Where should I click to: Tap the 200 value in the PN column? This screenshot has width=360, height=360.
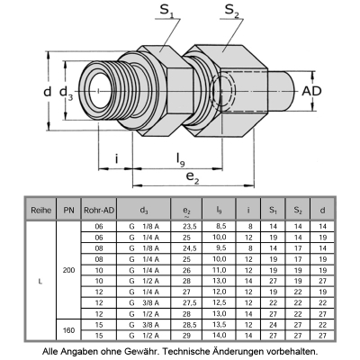click(x=68, y=270)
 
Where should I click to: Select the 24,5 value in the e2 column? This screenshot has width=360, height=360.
click(x=188, y=247)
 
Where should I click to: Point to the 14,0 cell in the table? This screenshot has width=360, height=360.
click(x=219, y=335)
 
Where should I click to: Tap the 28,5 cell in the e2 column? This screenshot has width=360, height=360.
click(x=188, y=325)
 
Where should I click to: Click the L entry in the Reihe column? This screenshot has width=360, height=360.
click(x=40, y=281)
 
